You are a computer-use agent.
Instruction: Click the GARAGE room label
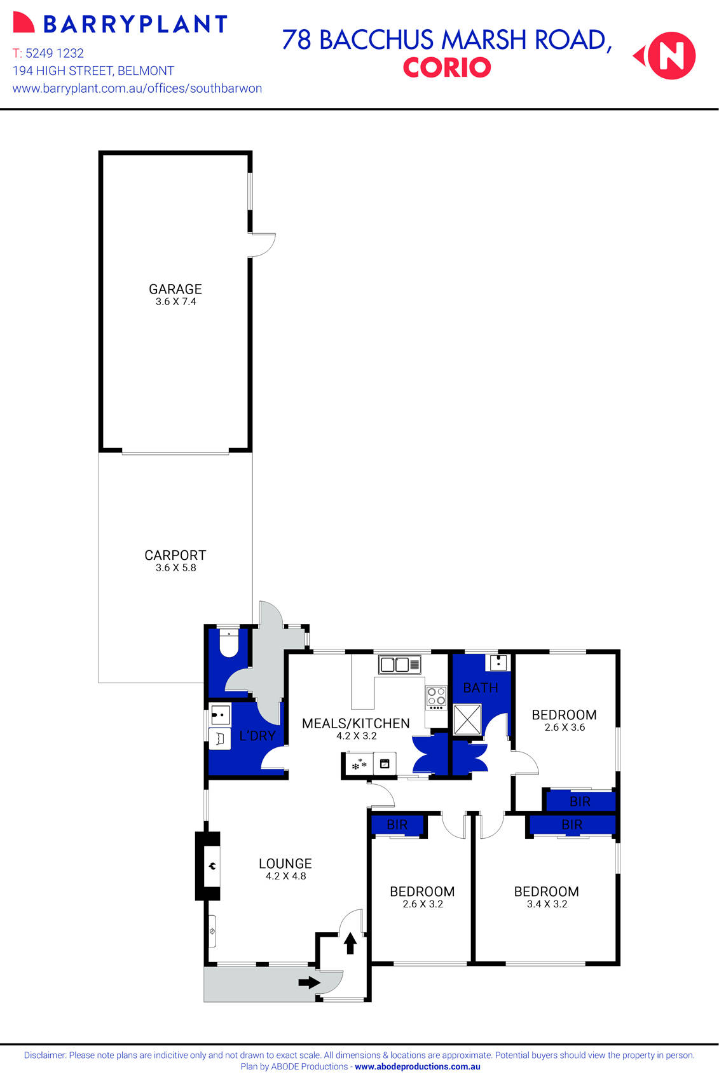click(x=175, y=289)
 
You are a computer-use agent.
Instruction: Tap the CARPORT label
click(x=175, y=555)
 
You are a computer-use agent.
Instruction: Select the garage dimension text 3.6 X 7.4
click(x=175, y=302)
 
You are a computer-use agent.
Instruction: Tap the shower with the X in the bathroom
click(x=467, y=719)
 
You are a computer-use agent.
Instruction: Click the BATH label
click(x=480, y=688)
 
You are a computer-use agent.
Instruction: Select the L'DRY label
click(x=257, y=736)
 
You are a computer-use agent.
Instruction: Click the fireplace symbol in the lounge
click(x=212, y=865)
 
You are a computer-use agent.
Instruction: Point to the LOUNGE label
click(x=285, y=864)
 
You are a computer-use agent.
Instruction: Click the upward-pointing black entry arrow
click(x=350, y=943)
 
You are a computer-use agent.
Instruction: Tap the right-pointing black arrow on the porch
click(x=309, y=982)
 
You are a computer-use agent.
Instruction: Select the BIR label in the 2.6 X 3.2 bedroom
click(x=397, y=825)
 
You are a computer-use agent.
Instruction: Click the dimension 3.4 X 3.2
click(x=547, y=904)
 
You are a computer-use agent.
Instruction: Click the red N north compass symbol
click(x=671, y=56)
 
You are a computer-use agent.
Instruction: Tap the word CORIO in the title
click(x=446, y=67)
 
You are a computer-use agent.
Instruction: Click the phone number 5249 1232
click(x=54, y=53)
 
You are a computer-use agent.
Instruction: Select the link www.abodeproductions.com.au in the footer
click(x=417, y=1067)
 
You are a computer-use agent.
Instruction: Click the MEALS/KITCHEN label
click(x=355, y=724)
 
